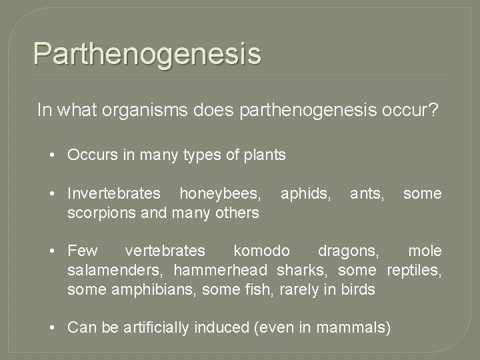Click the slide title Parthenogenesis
tap(147, 53)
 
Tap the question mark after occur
tap(434, 110)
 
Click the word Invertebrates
tap(114, 194)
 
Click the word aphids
tap(305, 194)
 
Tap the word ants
tap(367, 194)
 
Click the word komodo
tap(262, 251)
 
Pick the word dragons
tap(349, 251)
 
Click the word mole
tap(425, 251)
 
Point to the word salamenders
tap(116, 270)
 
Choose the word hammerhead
tap(221, 270)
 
